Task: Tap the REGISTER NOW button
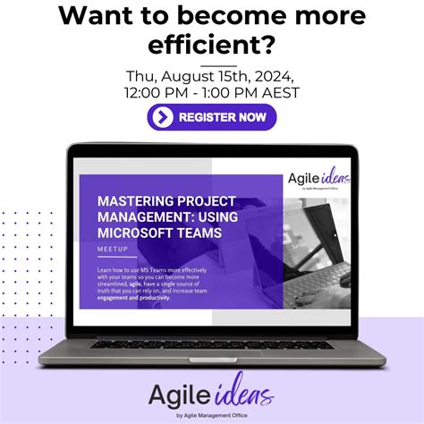[x=212, y=117]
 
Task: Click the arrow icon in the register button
[x=162, y=117]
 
